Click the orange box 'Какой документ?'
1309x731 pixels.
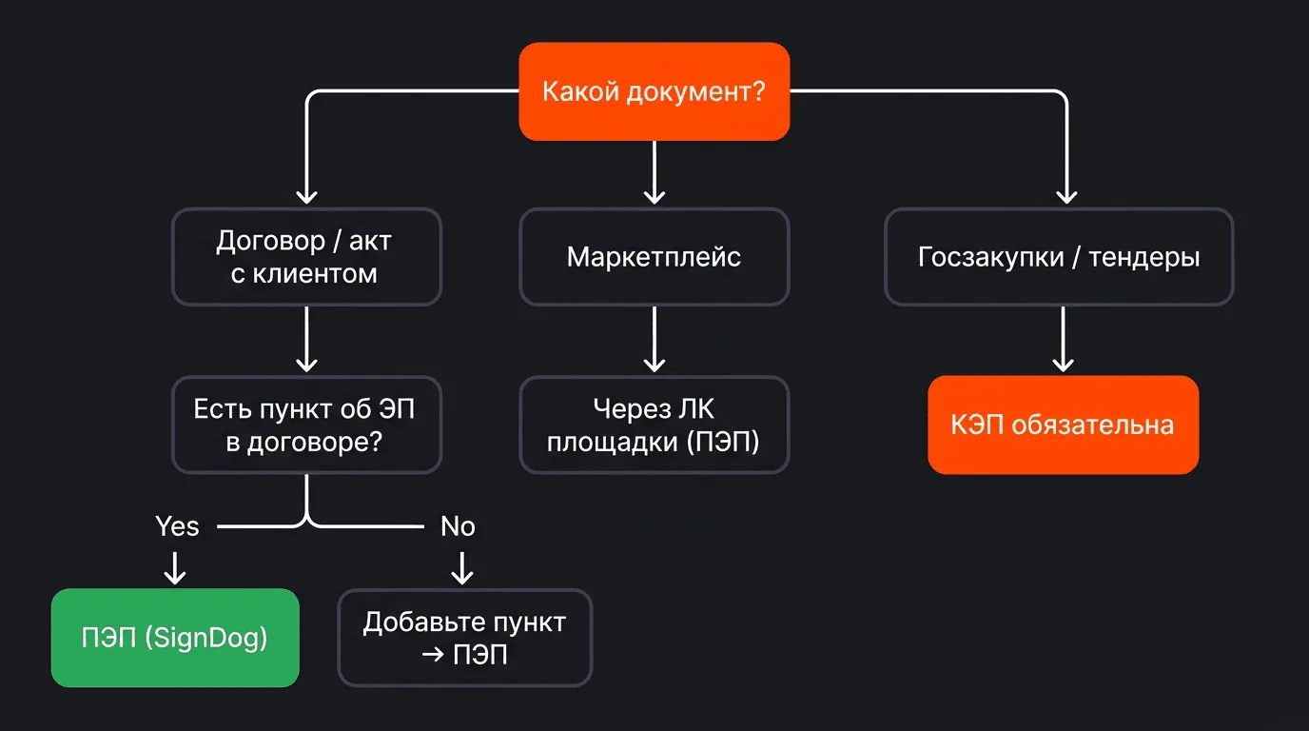click(654, 92)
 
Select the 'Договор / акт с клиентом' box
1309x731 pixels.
click(306, 257)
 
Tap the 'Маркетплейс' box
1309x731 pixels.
click(654, 257)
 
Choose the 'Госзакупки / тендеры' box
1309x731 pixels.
click(1059, 257)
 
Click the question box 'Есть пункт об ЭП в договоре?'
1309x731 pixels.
click(306, 425)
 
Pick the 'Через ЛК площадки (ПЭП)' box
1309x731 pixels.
click(654, 425)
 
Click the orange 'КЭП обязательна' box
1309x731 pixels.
click(1063, 425)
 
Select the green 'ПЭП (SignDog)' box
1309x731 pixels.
click(175, 638)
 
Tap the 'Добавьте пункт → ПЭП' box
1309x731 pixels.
click(464, 638)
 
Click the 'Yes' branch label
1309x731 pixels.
click(177, 526)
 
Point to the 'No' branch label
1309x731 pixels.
click(458, 526)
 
